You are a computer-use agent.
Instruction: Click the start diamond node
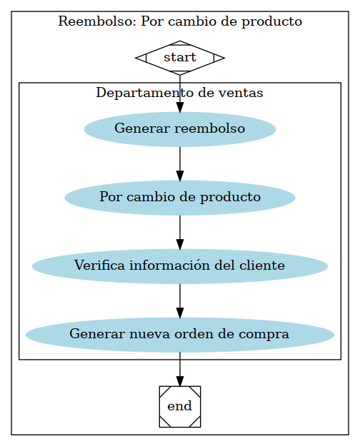coord(180,58)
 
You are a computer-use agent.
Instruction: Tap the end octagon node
coord(180,406)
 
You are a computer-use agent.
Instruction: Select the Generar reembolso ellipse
coord(180,129)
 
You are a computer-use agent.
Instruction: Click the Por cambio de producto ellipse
coord(180,198)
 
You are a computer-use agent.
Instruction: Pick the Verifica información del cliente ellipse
coord(180,266)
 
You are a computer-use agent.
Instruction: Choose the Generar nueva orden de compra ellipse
coord(180,334)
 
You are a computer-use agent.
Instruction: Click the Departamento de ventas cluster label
coord(180,93)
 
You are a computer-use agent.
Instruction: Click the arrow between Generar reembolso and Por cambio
coord(180,163)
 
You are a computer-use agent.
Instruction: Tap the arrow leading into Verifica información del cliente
coord(180,232)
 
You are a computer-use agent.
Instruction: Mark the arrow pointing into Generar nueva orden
coord(180,300)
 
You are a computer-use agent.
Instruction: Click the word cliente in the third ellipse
coord(266,266)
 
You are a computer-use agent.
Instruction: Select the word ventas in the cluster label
coord(244,93)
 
